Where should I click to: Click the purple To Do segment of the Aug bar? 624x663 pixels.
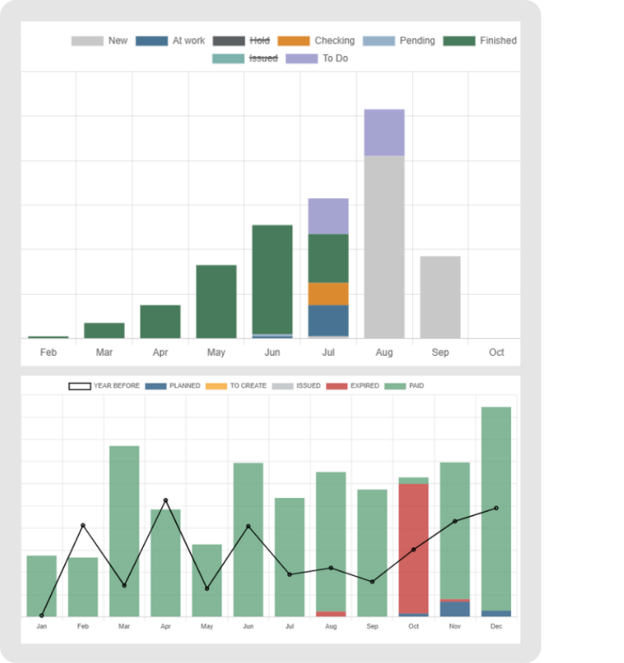click(384, 133)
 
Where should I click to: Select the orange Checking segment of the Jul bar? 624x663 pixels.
click(328, 294)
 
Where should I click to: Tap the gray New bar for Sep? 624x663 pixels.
click(440, 297)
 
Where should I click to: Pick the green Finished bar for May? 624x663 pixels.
click(216, 301)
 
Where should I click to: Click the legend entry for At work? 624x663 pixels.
click(170, 41)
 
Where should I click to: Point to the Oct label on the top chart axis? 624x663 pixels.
click(496, 352)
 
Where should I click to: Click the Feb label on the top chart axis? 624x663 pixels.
click(48, 352)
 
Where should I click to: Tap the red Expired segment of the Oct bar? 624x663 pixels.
click(413, 548)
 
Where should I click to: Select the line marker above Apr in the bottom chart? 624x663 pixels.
click(165, 500)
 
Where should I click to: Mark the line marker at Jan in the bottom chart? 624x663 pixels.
click(41, 616)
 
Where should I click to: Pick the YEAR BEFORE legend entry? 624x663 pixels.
click(104, 386)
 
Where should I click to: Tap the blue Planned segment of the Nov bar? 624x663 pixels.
click(454, 609)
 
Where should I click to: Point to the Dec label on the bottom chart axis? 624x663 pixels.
click(496, 626)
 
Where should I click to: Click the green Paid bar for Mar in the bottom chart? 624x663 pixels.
click(124, 530)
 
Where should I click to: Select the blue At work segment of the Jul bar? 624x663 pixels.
click(328, 320)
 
